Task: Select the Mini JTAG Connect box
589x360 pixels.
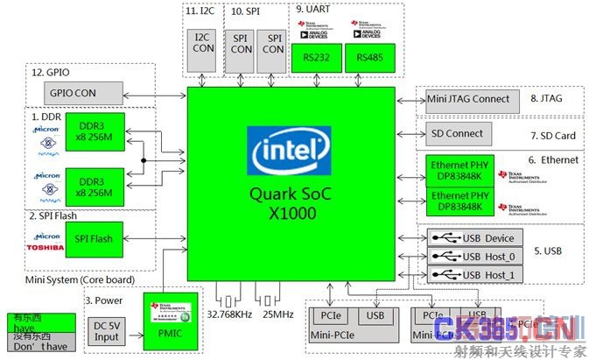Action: pos(468,99)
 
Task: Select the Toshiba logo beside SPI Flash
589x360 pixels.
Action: pos(46,248)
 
